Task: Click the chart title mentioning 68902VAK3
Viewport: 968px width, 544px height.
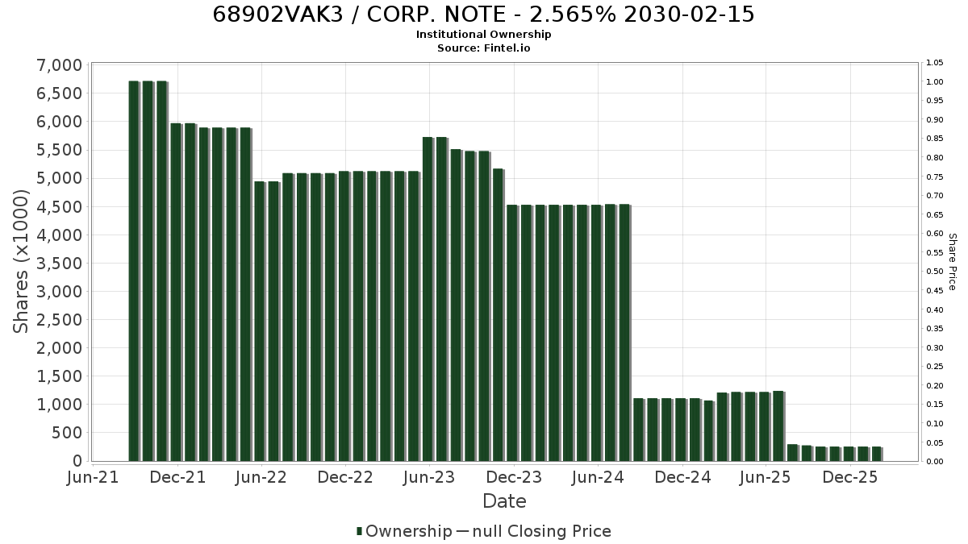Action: [483, 15]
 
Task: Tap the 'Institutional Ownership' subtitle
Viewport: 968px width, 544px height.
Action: [483, 35]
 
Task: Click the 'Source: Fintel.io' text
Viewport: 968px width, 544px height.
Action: [483, 48]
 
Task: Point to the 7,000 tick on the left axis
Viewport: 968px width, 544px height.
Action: [60, 65]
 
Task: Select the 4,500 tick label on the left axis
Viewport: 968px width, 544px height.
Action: [60, 207]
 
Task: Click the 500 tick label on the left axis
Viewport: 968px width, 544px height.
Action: [67, 433]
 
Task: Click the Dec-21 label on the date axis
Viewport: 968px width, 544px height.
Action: [177, 478]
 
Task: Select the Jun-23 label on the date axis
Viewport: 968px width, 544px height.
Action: [429, 478]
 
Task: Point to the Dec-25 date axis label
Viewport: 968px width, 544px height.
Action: [850, 478]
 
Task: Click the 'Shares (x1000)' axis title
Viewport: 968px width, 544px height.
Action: [21, 262]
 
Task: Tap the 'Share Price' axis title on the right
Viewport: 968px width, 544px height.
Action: [953, 262]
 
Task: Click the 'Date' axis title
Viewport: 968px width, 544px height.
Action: [504, 501]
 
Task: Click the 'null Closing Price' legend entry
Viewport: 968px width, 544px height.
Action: [534, 531]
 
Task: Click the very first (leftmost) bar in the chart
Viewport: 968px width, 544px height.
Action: [134, 271]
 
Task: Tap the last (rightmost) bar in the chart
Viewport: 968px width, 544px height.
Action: [877, 455]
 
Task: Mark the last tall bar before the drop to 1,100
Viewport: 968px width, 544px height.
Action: [624, 333]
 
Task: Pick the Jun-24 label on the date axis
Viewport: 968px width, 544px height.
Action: [598, 478]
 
